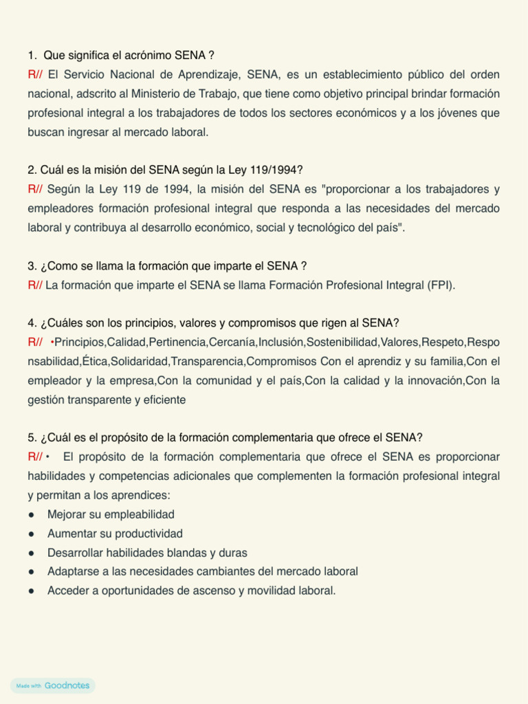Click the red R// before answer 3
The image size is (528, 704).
click(x=35, y=285)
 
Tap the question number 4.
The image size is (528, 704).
click(x=32, y=323)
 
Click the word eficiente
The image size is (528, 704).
click(x=164, y=399)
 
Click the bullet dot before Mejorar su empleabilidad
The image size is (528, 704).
click(x=32, y=514)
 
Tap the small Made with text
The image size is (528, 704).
click(x=29, y=686)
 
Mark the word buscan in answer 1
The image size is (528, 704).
click(x=45, y=132)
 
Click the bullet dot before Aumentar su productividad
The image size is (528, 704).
click(x=32, y=533)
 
